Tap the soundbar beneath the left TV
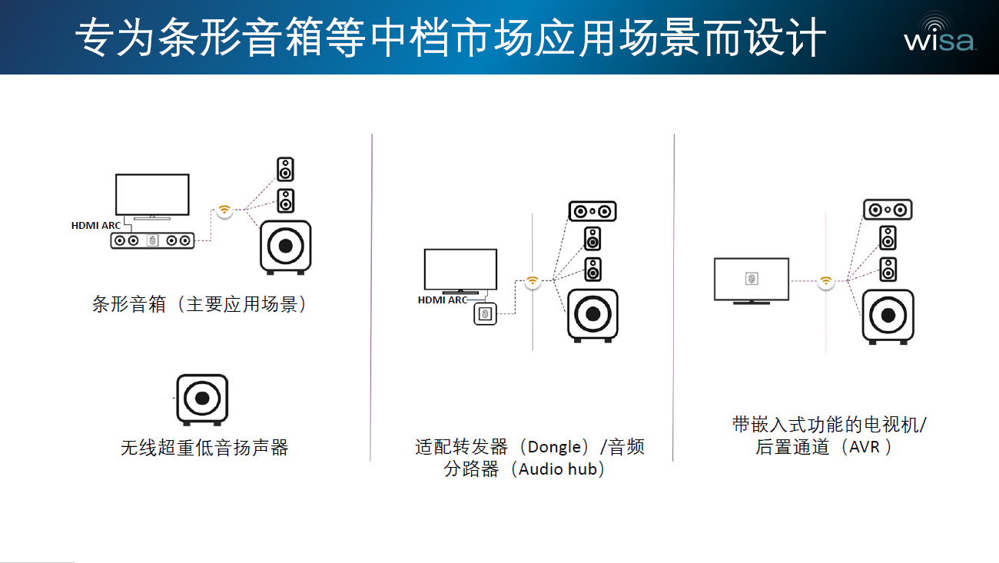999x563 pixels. pyautogui.click(x=152, y=241)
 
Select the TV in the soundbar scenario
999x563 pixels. pyautogui.click(x=152, y=195)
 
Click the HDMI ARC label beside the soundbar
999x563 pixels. pyautogui.click(x=95, y=226)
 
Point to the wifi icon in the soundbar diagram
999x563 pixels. pyautogui.click(x=224, y=210)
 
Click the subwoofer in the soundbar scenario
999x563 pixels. pyautogui.click(x=286, y=247)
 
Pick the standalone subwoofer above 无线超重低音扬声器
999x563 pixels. pyautogui.click(x=202, y=399)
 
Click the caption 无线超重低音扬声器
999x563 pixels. pyautogui.click(x=204, y=447)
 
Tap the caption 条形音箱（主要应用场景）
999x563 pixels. pyautogui.click(x=200, y=304)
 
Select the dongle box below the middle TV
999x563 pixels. pyautogui.click(x=485, y=313)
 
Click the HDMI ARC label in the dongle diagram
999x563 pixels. pyautogui.click(x=443, y=300)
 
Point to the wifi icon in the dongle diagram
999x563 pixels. pyautogui.click(x=532, y=282)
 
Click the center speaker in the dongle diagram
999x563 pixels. pyautogui.click(x=592, y=210)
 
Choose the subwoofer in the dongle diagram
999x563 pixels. pyautogui.click(x=592, y=314)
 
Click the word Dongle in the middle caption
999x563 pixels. pyautogui.click(x=554, y=447)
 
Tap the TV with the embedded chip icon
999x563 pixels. pyautogui.click(x=751, y=280)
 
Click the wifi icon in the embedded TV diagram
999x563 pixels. pyautogui.click(x=825, y=281)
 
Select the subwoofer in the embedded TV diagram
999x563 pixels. pyautogui.click(x=888, y=315)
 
